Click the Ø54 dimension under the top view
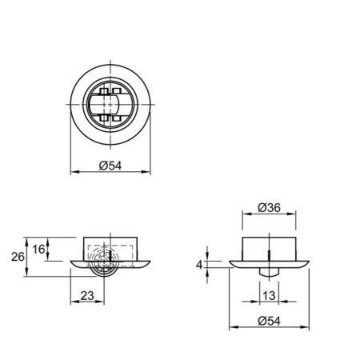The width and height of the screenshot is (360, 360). (x=110, y=166)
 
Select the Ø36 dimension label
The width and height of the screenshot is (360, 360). (x=269, y=208)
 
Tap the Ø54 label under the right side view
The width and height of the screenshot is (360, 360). (x=269, y=321)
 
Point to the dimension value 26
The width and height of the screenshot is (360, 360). (x=18, y=257)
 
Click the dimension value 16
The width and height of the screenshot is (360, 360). (x=38, y=250)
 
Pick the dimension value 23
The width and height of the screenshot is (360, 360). (x=87, y=296)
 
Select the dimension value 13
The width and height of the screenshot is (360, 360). (x=269, y=295)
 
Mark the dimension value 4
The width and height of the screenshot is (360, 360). (x=199, y=265)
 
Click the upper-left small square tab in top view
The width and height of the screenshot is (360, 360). (x=104, y=91)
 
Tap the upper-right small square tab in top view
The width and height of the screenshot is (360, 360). (x=117, y=91)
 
